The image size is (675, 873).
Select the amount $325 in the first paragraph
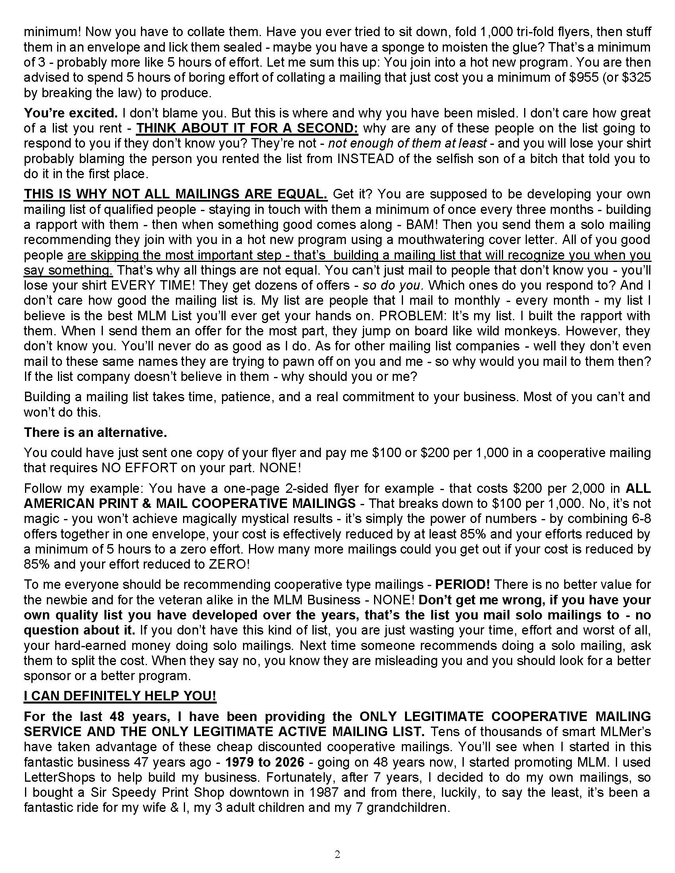[x=637, y=77]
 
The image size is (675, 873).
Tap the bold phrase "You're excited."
[x=71, y=113]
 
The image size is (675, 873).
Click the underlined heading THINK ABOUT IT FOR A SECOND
[x=247, y=128]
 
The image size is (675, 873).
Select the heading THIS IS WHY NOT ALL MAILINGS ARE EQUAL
[x=175, y=194]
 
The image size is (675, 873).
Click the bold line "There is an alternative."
[x=95, y=433]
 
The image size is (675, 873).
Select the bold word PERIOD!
[x=462, y=585]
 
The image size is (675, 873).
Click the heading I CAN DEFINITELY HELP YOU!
[x=120, y=696]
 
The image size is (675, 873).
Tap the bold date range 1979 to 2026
[x=264, y=762]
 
